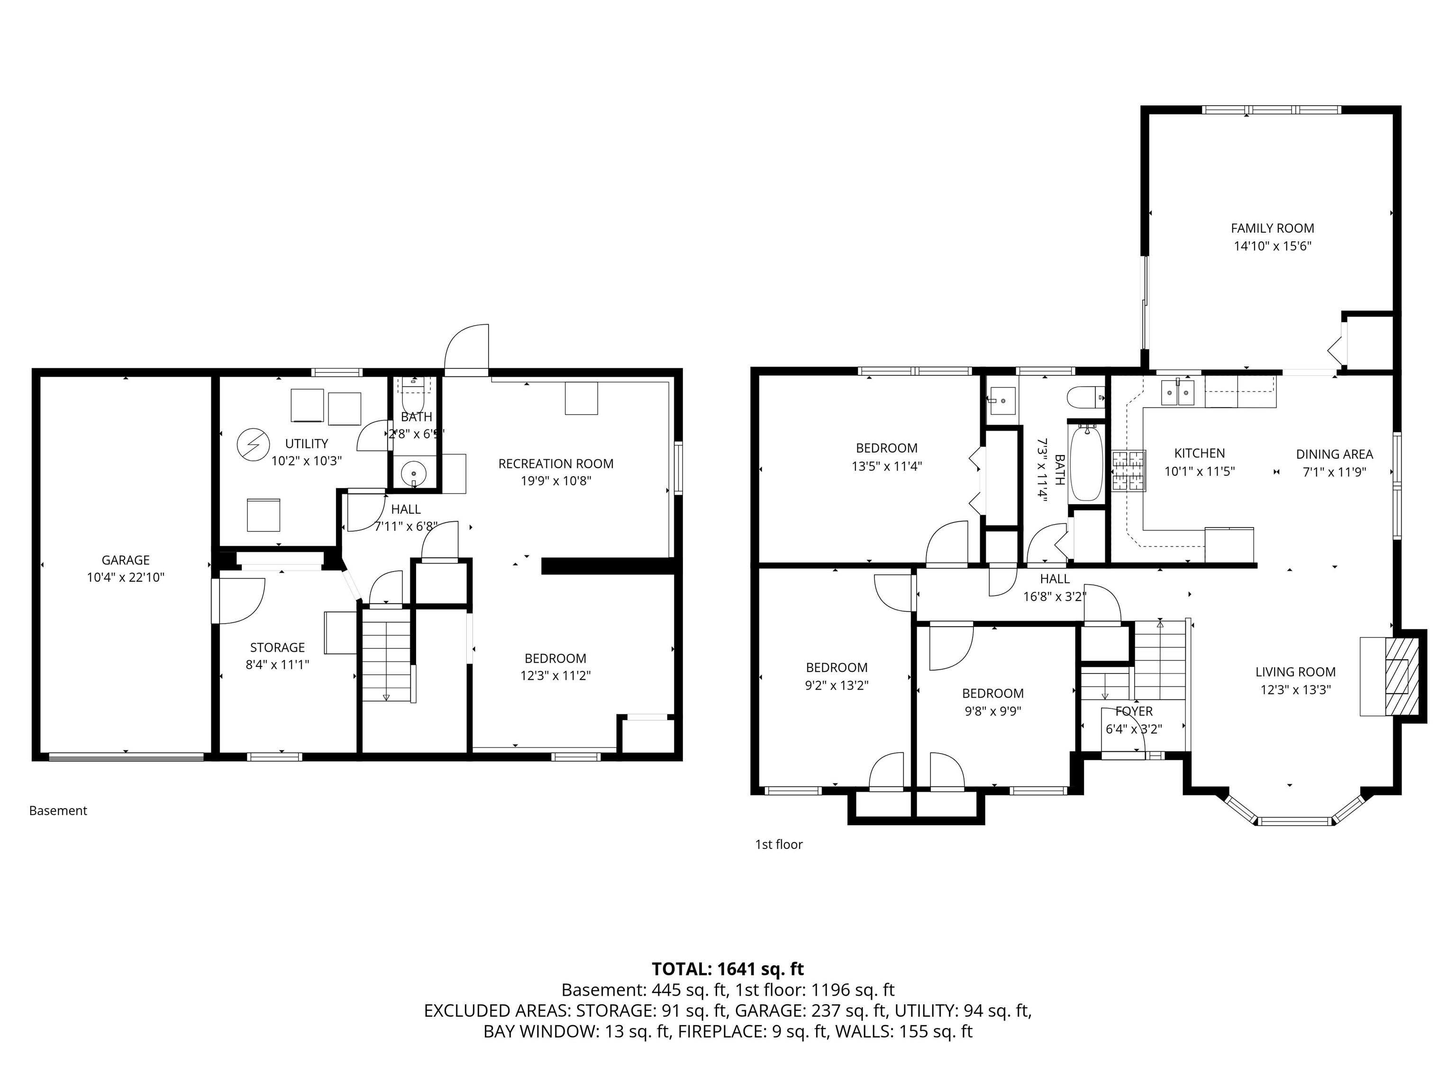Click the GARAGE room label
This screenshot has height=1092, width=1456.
coord(125,560)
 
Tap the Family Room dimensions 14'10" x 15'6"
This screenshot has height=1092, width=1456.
coord(1272,246)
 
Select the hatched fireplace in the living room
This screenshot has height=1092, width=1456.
coord(1397,676)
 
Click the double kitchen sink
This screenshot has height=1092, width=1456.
coord(1178,393)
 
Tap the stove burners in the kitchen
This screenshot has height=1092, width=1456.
coord(1129,471)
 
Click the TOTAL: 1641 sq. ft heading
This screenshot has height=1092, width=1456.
coord(728,969)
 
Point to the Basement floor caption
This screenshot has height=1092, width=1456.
coord(58,811)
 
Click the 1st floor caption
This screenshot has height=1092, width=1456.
coord(779,845)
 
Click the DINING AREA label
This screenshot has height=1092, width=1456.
coord(1334,454)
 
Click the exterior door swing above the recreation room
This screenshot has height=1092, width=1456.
coord(467,349)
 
